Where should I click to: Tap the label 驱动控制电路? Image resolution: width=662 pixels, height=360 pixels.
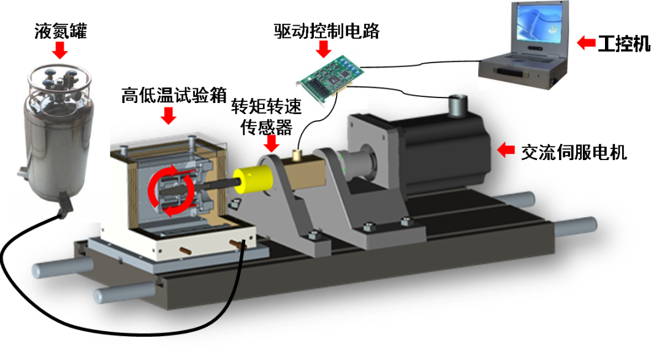pos(326,31)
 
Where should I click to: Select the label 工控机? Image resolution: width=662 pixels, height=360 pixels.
pos(624,44)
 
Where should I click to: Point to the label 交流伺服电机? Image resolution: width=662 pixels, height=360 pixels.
pos(574,153)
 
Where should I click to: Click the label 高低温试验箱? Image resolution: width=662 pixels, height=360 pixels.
pos(174,96)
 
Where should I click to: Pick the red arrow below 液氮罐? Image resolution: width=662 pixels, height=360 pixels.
pos(60,51)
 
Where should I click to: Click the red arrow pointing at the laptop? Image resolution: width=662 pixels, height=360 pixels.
pos(586,43)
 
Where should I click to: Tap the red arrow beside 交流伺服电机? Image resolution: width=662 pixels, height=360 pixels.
pos(506,150)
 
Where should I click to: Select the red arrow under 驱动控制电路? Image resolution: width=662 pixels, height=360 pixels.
pos(324,50)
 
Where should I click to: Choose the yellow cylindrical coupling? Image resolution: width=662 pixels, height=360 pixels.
pos(253,179)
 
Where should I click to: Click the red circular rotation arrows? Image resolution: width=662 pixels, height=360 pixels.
pos(171,191)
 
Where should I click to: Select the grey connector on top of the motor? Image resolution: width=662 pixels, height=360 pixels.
pos(458,105)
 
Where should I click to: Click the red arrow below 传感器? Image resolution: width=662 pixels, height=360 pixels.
pos(271,144)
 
